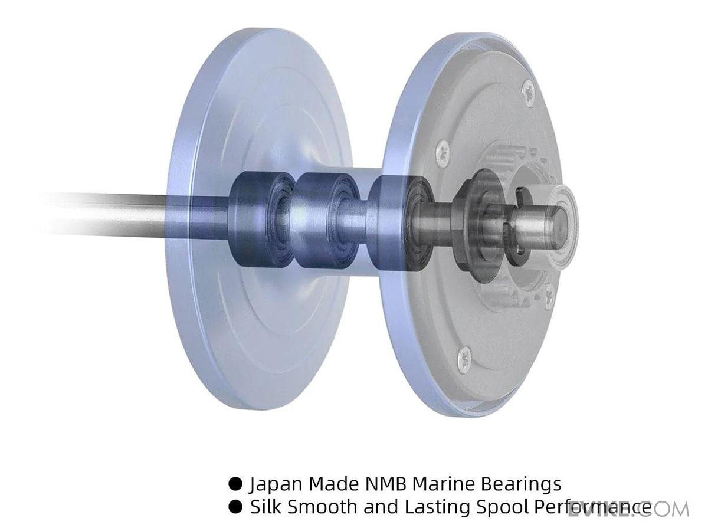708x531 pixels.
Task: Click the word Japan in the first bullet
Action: point(277,484)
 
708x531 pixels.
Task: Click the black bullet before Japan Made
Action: point(235,484)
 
